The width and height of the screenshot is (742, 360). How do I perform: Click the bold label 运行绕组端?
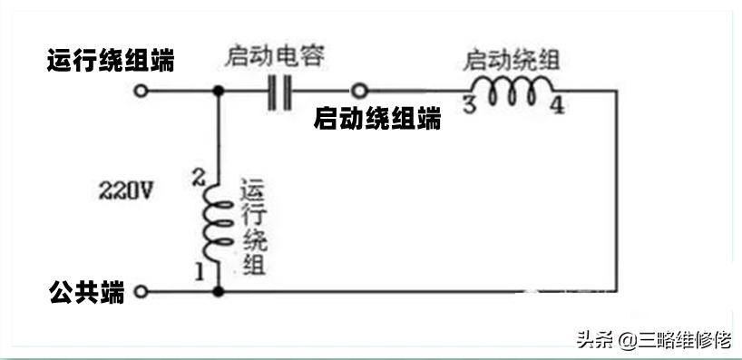click(x=111, y=62)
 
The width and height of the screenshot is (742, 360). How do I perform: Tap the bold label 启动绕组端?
click(x=377, y=118)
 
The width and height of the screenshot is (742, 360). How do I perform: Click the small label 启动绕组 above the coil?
click(x=512, y=61)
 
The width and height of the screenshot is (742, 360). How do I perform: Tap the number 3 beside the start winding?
click(x=469, y=104)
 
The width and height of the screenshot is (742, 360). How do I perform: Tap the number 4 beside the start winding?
click(x=557, y=106)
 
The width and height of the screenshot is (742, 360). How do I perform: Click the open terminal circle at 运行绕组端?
click(x=141, y=92)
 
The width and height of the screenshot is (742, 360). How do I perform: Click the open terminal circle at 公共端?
click(x=141, y=292)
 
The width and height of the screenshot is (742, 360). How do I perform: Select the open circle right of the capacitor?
click(x=360, y=92)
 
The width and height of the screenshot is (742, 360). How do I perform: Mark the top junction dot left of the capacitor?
click(x=219, y=92)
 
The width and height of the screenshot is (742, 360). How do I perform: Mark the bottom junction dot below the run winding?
click(x=219, y=292)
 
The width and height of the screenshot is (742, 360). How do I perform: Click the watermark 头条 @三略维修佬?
click(x=653, y=340)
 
